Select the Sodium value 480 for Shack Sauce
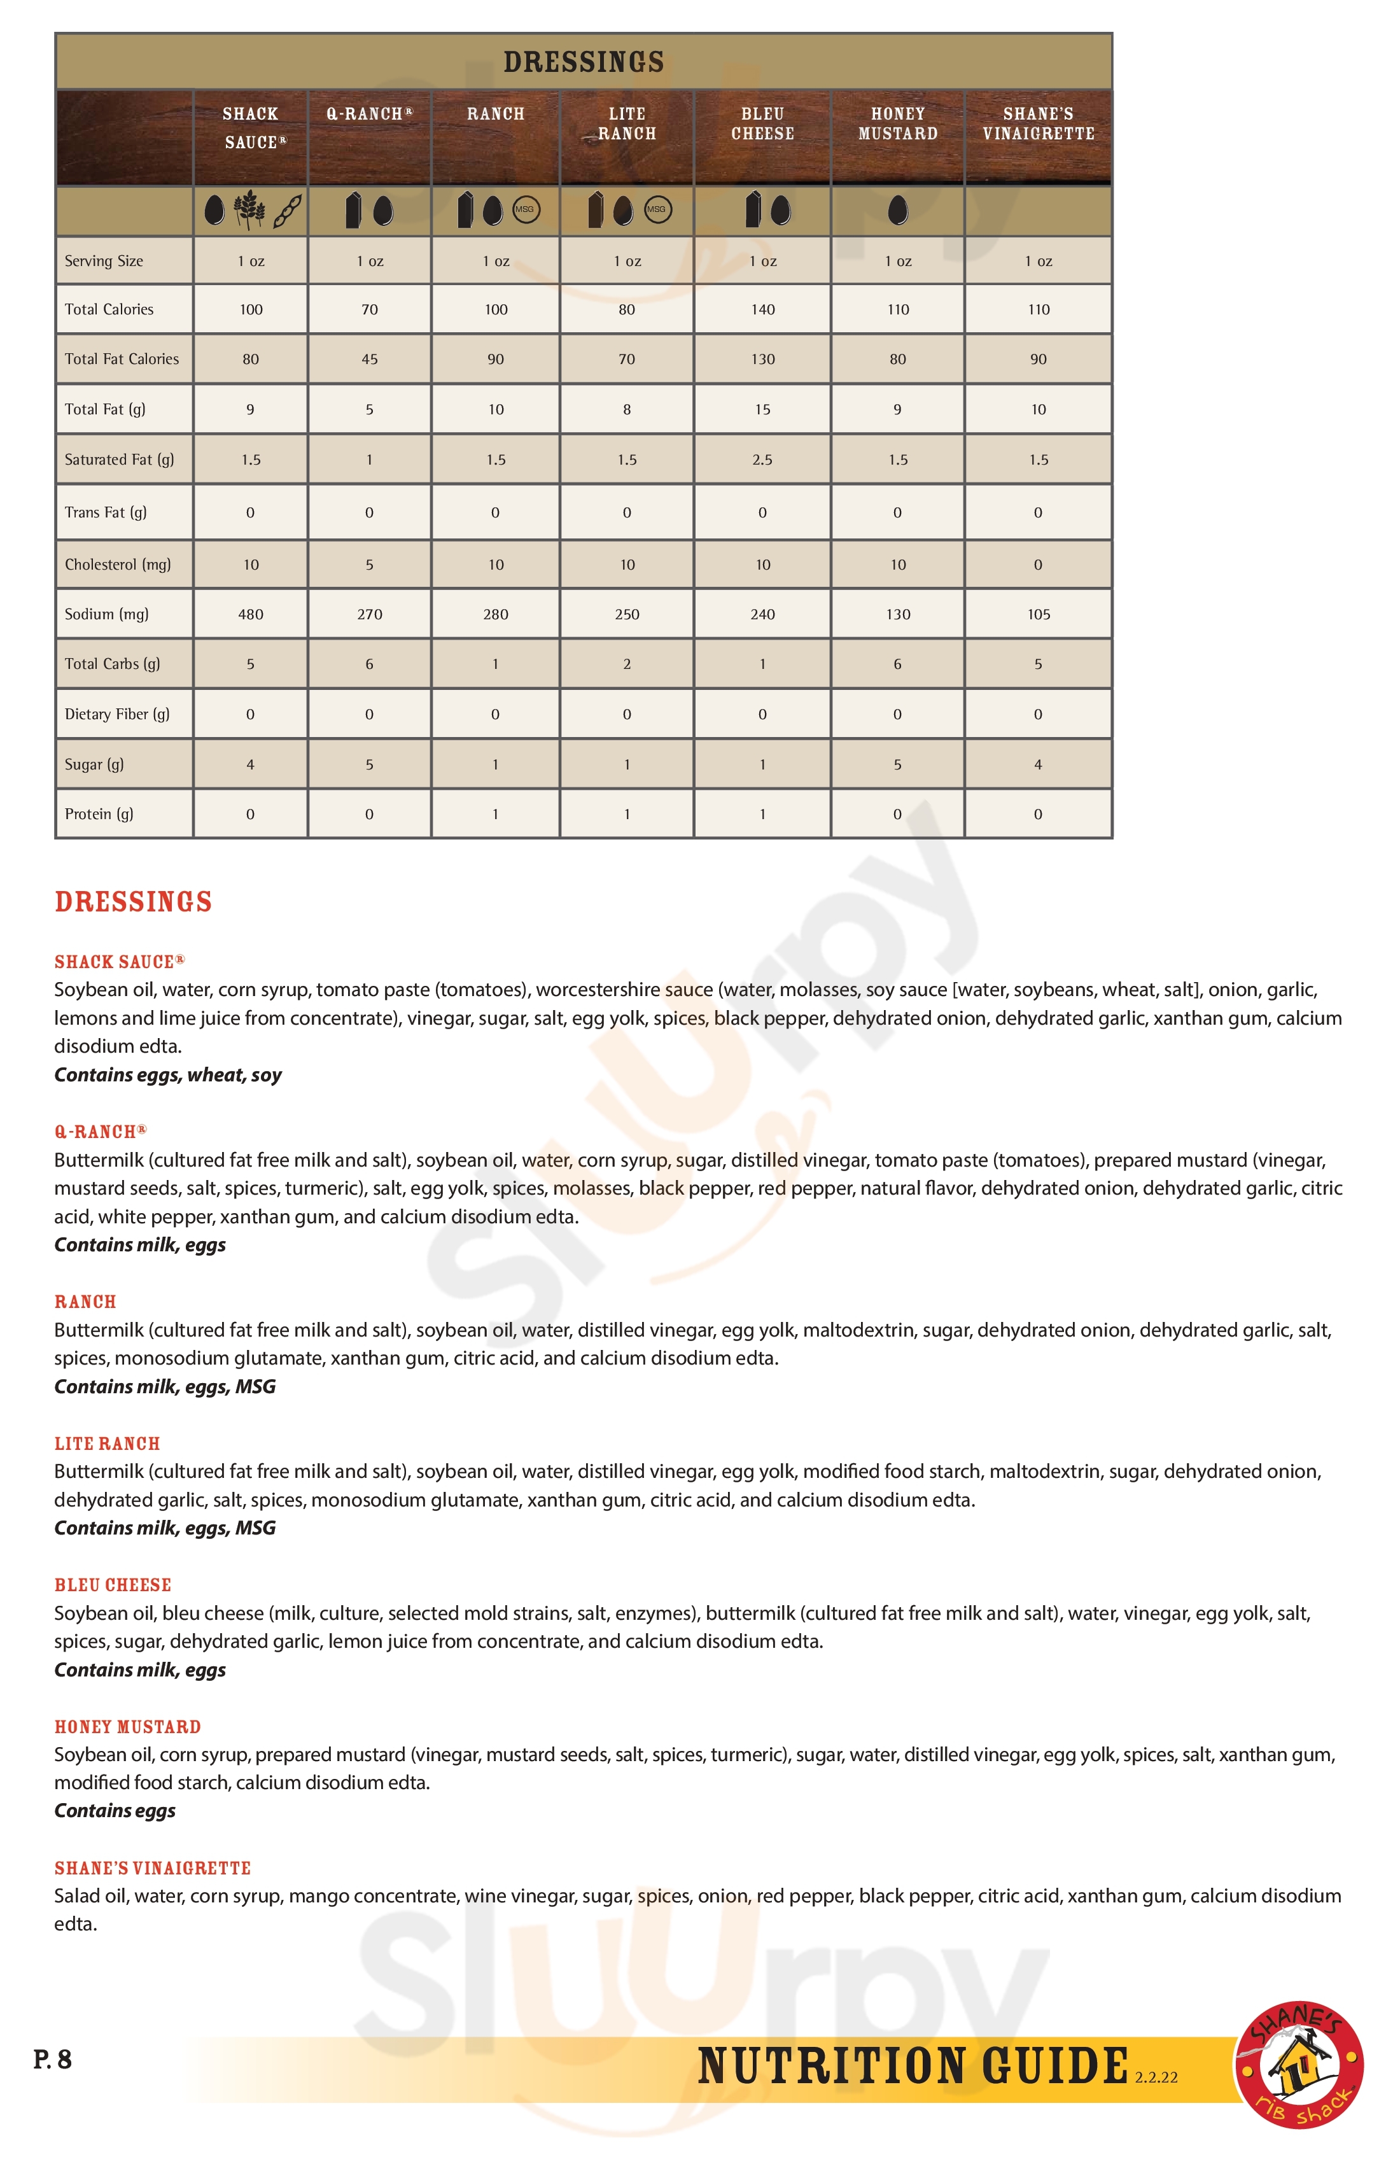251,615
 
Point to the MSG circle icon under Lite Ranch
656,210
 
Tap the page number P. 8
53,2060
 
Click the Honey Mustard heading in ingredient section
127,1727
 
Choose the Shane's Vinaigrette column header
1038,123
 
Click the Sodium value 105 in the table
1038,615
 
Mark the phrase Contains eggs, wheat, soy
168,1075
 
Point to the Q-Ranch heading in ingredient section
100,1132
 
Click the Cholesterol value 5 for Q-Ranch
369,565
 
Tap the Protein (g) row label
99,815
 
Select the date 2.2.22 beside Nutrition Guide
1156,2077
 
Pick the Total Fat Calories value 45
369,359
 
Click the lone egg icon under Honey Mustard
897,210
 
